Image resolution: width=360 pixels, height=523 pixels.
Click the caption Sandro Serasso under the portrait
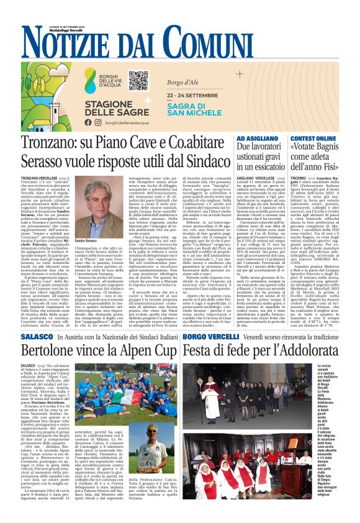[x=86, y=240]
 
